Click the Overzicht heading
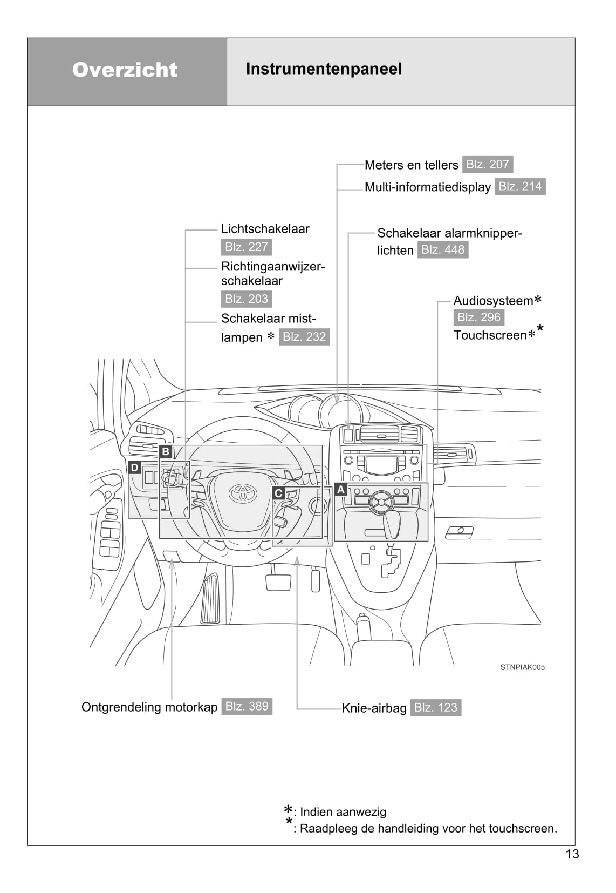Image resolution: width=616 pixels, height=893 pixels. point(125,70)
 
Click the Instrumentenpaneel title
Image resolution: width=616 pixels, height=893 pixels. point(324,69)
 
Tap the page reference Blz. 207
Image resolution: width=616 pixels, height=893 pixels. point(487,164)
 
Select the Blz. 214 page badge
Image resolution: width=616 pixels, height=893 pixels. point(520,186)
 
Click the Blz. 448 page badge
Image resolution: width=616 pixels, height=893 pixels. point(442,249)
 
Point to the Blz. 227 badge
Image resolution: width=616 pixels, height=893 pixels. point(247,247)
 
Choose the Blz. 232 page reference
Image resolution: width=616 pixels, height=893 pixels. point(304,336)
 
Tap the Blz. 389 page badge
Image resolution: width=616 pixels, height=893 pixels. point(247,706)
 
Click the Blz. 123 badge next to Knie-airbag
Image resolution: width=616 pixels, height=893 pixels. point(435,707)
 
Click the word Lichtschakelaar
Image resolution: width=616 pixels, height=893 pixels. point(265,228)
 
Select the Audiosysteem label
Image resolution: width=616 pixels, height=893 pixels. point(493,301)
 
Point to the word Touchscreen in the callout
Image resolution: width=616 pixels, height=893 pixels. point(490,335)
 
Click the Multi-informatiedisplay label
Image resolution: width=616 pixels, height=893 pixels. point(427,187)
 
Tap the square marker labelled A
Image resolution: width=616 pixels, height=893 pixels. point(340,489)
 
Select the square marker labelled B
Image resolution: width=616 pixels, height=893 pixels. point(166,451)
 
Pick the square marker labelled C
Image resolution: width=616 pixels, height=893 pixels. point(278,493)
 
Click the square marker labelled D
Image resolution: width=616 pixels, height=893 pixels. point(135,468)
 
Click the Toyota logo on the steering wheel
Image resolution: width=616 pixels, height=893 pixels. point(242,492)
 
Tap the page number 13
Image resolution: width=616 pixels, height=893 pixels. point(572,854)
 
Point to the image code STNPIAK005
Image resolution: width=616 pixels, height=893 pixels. point(522,667)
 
